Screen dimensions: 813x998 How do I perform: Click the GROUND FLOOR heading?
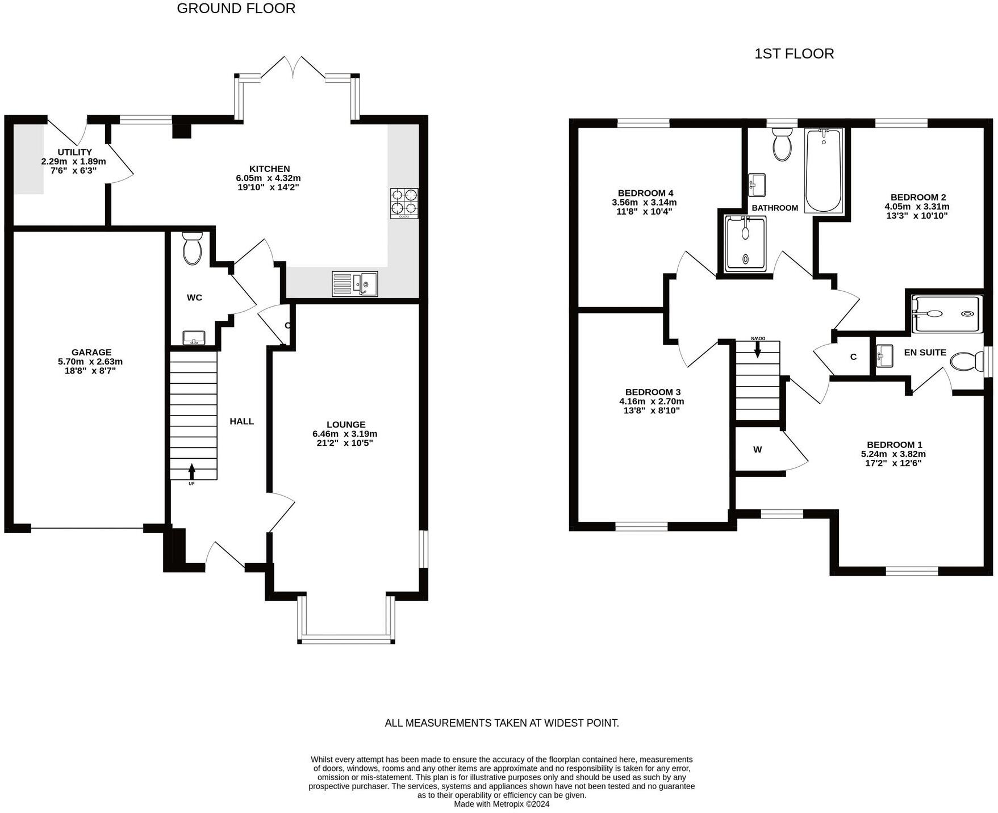(236, 9)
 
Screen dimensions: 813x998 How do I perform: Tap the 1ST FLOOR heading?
(794, 54)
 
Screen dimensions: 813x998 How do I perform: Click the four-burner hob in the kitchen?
(404, 203)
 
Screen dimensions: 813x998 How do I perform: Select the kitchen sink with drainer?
(354, 283)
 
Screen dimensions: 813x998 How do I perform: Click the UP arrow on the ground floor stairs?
(191, 471)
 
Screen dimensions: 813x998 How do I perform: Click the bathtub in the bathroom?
(823, 170)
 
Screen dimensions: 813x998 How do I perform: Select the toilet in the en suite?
(967, 361)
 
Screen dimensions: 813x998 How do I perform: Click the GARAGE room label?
(91, 352)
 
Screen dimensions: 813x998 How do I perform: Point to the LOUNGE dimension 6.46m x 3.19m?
(345, 434)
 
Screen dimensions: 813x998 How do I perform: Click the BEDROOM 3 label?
(653, 392)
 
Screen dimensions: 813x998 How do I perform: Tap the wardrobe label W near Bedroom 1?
(757, 450)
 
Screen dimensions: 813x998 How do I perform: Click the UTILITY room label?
(74, 152)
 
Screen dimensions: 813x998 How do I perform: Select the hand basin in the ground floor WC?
(194, 338)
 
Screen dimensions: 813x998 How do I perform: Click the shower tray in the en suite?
(945, 313)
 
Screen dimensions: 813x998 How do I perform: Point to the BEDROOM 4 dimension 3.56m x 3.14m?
(644, 202)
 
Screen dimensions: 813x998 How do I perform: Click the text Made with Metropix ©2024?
(502, 804)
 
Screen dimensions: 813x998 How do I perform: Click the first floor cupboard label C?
(853, 357)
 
